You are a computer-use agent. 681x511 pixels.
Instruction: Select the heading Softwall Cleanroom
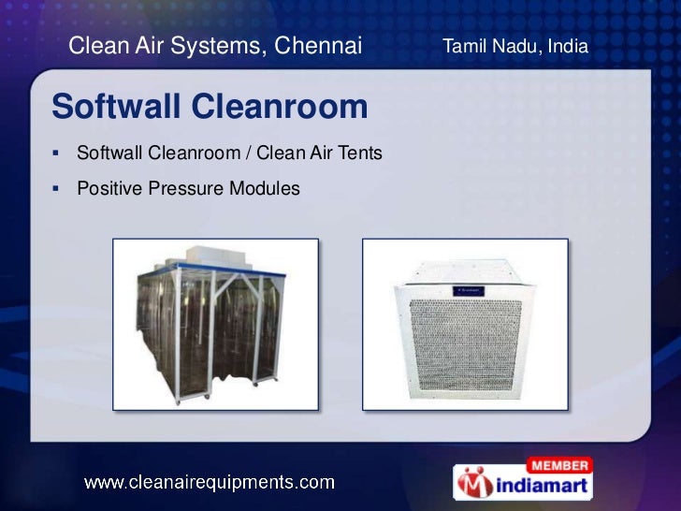click(x=210, y=107)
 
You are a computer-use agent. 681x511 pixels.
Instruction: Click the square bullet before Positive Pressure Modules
click(x=58, y=189)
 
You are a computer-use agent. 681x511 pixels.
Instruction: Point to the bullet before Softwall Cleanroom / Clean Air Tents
click(x=58, y=153)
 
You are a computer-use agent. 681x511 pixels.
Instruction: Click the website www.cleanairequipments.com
click(x=210, y=483)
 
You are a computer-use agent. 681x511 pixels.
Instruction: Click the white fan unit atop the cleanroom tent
click(x=217, y=258)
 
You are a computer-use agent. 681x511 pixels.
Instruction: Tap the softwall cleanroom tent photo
click(x=215, y=324)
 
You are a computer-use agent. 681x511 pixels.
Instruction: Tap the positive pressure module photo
click(x=465, y=324)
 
